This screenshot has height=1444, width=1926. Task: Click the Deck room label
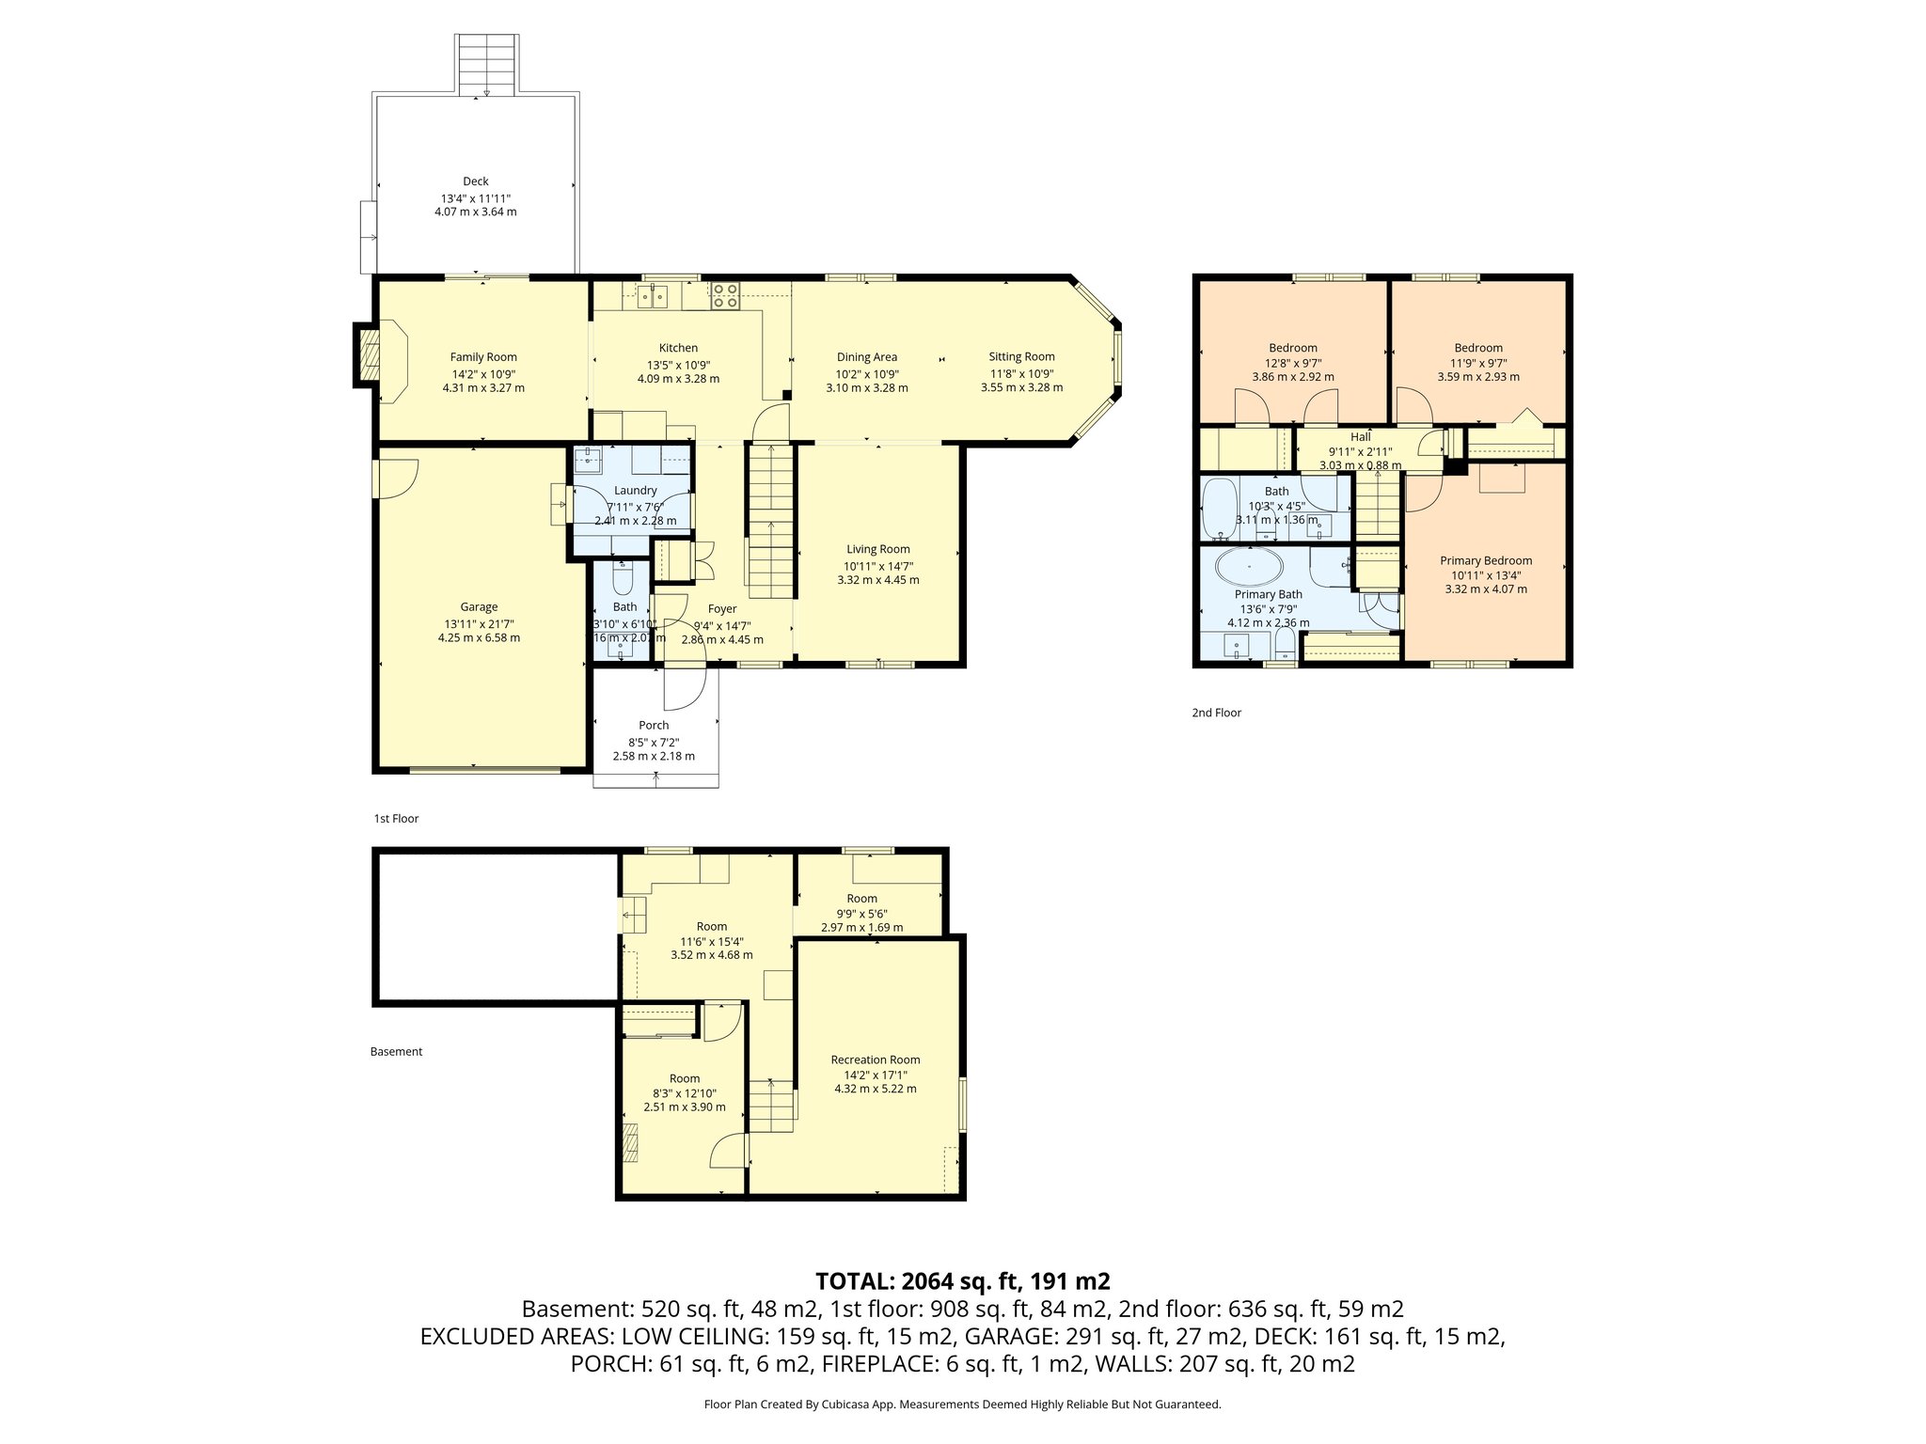click(475, 181)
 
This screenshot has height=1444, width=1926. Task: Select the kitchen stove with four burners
click(725, 295)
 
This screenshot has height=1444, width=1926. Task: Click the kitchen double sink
click(652, 296)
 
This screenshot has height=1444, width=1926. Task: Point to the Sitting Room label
click(1021, 356)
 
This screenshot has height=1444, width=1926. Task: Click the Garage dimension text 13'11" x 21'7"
click(479, 623)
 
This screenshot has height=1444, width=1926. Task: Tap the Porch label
click(654, 725)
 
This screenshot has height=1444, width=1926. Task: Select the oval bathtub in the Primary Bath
click(1248, 568)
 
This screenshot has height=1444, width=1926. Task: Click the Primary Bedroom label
click(1486, 560)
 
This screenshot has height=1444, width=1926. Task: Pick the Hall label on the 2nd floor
click(1360, 437)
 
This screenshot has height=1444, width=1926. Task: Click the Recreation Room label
click(875, 1059)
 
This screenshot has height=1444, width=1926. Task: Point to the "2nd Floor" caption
click(1216, 713)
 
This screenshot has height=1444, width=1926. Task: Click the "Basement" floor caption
click(396, 1051)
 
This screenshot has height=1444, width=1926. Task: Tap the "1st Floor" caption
click(396, 818)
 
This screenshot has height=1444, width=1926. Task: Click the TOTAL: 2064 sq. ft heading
click(962, 1280)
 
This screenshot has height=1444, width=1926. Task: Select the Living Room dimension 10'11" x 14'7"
click(878, 566)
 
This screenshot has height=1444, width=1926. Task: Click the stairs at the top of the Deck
click(486, 64)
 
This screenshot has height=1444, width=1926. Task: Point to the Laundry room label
click(635, 490)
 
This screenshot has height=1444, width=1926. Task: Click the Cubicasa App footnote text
click(962, 1405)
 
